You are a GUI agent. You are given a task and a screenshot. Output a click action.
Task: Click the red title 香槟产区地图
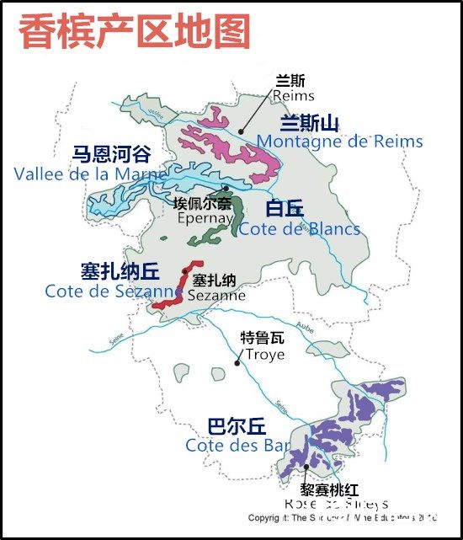click(x=135, y=31)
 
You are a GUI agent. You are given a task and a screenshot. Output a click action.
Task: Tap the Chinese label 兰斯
click(x=290, y=81)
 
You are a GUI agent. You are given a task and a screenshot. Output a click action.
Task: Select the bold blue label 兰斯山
click(x=310, y=124)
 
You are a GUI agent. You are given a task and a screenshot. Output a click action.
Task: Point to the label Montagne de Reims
click(x=340, y=142)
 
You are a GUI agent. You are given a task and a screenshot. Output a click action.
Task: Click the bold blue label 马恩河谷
click(x=111, y=154)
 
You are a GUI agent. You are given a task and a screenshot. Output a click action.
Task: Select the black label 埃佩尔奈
click(x=203, y=203)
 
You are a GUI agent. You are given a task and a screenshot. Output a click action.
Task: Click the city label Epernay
click(x=205, y=217)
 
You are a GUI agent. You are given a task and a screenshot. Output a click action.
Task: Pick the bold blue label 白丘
click(x=285, y=210)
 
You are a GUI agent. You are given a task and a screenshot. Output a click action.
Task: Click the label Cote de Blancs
click(x=300, y=229)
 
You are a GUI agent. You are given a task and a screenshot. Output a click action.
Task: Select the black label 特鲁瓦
click(x=263, y=339)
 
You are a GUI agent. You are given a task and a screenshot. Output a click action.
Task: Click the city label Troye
click(x=263, y=354)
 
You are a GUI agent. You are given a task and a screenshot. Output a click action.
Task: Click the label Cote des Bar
click(x=234, y=446)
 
